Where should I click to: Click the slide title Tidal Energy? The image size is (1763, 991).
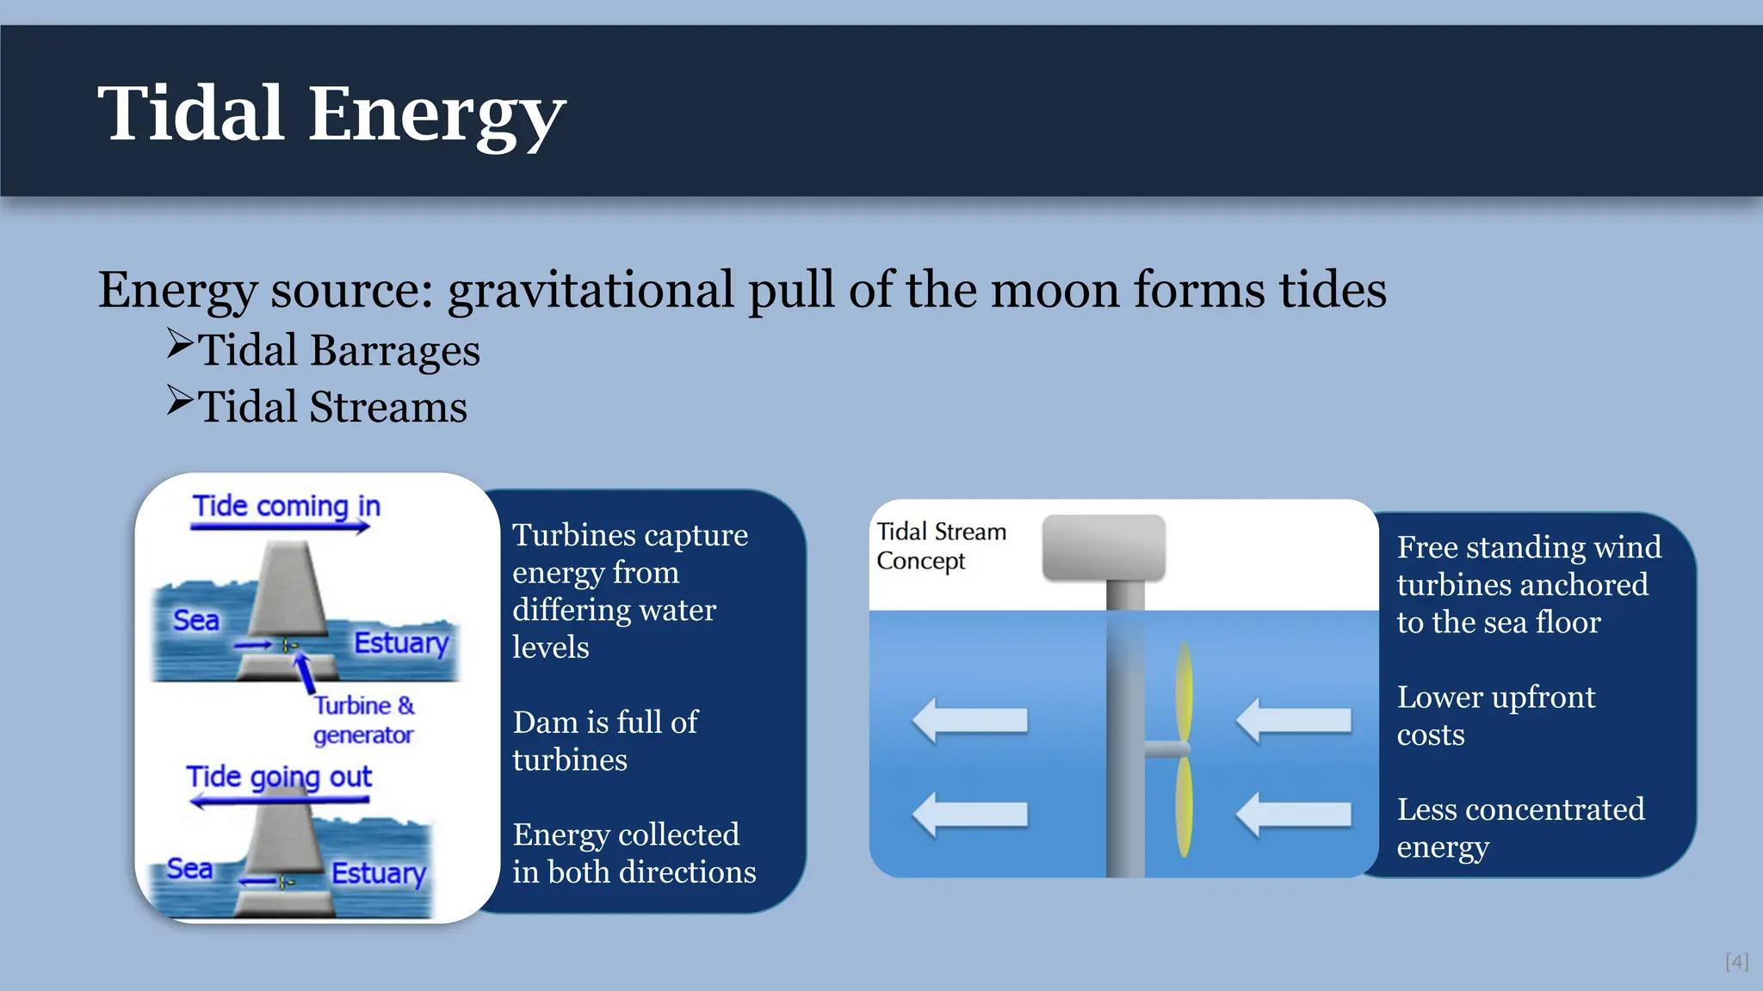coord(331,114)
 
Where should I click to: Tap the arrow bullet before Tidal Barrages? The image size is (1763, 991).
coord(180,344)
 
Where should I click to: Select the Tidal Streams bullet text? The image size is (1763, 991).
coord(332,407)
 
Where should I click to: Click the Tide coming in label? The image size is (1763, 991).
coord(286,506)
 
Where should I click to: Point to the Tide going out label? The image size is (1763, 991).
coord(279,777)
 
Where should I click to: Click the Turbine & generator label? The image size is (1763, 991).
coord(363,719)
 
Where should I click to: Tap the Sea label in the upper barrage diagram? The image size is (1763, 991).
coord(196,620)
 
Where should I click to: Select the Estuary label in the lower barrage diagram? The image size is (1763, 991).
coord(379,872)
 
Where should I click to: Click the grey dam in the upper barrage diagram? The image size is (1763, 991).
coord(288,594)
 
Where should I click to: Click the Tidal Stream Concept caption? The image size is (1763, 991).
coord(940,545)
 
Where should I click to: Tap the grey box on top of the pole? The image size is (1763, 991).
coord(1104,547)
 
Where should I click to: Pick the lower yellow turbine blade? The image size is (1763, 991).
coord(1185,806)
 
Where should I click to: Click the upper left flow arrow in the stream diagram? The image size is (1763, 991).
coord(970,720)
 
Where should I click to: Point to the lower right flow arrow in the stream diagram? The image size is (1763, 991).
coord(1294,814)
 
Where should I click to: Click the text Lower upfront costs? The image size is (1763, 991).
coord(1495,716)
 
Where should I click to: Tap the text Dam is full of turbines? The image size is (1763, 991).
coord(605,741)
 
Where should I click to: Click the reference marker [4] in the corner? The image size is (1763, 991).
coord(1736,962)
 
